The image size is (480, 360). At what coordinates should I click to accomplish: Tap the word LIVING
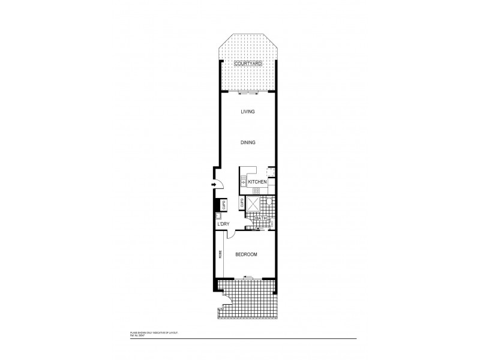(x=248, y=112)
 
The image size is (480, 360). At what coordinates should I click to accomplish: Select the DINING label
(x=248, y=143)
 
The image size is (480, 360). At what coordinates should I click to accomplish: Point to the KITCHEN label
(x=257, y=181)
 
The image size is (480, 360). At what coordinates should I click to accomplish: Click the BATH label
(x=262, y=219)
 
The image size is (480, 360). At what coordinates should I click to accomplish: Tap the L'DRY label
(x=223, y=224)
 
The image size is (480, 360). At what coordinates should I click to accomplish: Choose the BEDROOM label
(x=246, y=255)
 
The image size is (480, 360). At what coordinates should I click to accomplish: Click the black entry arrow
(x=213, y=185)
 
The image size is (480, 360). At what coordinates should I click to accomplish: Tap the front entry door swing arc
(x=220, y=187)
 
